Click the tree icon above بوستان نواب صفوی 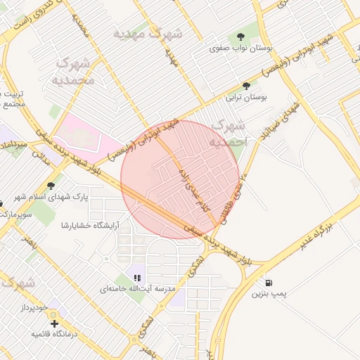241,36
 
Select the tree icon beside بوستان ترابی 245,86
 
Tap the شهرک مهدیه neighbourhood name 148,34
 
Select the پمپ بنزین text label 270,295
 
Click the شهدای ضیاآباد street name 281,116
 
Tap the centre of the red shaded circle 181,180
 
